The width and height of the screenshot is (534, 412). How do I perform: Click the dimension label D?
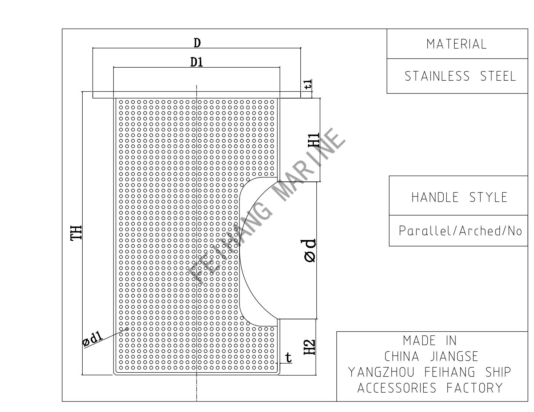197,43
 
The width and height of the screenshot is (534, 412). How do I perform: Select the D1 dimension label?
197,63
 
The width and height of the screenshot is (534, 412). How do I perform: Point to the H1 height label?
314,140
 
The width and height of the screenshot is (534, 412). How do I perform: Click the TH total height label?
76,233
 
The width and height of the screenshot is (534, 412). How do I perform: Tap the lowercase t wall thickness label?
289,358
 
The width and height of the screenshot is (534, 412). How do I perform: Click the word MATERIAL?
456,44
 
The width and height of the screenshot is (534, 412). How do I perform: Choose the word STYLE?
488,197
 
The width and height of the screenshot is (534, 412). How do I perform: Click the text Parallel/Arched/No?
460,231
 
